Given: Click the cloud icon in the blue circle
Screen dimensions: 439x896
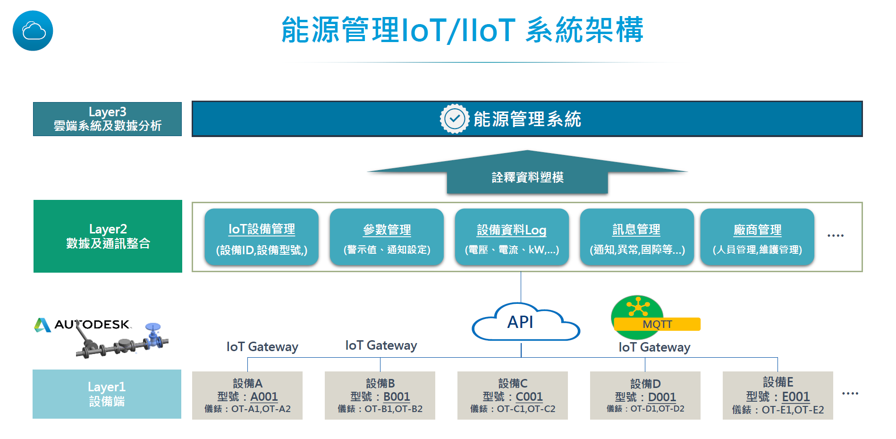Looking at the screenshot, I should pyautogui.click(x=33, y=31).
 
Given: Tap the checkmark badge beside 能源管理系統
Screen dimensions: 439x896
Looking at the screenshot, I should pyautogui.click(x=454, y=119).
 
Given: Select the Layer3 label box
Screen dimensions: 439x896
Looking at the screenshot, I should pyautogui.click(x=107, y=119).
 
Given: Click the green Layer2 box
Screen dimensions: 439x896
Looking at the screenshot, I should pyautogui.click(x=108, y=236).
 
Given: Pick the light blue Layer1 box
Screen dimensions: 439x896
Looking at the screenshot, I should pyautogui.click(x=107, y=394).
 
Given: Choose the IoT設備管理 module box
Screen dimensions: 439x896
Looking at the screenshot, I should pyautogui.click(x=262, y=237).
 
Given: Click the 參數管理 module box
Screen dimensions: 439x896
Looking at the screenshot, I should pyautogui.click(x=387, y=237).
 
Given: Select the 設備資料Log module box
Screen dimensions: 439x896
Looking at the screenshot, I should pyautogui.click(x=512, y=237).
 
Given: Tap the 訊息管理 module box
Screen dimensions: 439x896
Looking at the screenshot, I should pyautogui.click(x=637, y=237).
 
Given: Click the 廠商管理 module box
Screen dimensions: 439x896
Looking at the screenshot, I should pyautogui.click(x=757, y=237).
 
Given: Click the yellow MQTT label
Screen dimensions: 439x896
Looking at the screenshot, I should pyautogui.click(x=657, y=324).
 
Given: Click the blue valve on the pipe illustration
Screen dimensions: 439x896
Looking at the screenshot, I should pyautogui.click(x=153, y=333).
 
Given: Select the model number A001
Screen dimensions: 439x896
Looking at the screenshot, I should pyautogui.click(x=264, y=396).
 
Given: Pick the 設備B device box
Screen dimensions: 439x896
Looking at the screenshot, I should pyautogui.click(x=380, y=396).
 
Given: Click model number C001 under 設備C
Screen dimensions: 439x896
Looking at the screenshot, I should pyautogui.click(x=529, y=396).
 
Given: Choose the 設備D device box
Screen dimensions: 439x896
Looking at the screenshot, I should pyautogui.click(x=645, y=396).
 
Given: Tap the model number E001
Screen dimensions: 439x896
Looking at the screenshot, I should pyautogui.click(x=796, y=396).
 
